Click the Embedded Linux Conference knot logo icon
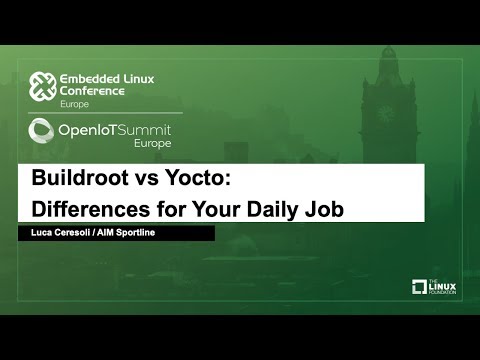coord(41,86)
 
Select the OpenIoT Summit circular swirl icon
coord(41,130)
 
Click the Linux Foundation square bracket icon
coord(420,288)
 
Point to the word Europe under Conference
coord(73,104)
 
